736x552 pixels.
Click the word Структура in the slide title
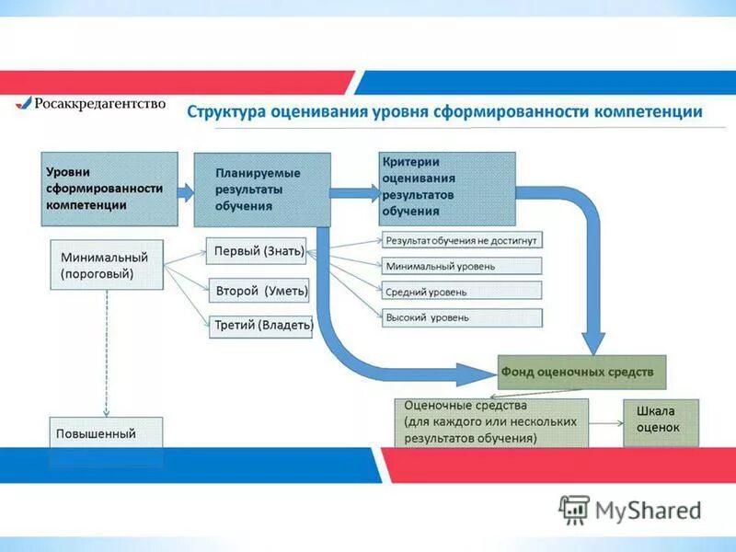point(226,112)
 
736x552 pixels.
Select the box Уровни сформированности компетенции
point(109,189)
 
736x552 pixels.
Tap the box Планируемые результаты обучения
point(261,190)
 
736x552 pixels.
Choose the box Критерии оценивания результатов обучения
point(447,188)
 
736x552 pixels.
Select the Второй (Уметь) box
point(260,291)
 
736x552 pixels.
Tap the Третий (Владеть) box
point(261,325)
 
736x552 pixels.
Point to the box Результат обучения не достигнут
point(462,240)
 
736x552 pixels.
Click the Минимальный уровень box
point(462,266)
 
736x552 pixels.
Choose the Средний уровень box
point(462,292)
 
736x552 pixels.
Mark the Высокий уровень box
point(462,317)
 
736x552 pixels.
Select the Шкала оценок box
point(661,422)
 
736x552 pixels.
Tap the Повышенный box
point(106,433)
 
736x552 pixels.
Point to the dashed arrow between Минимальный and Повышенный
point(107,354)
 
